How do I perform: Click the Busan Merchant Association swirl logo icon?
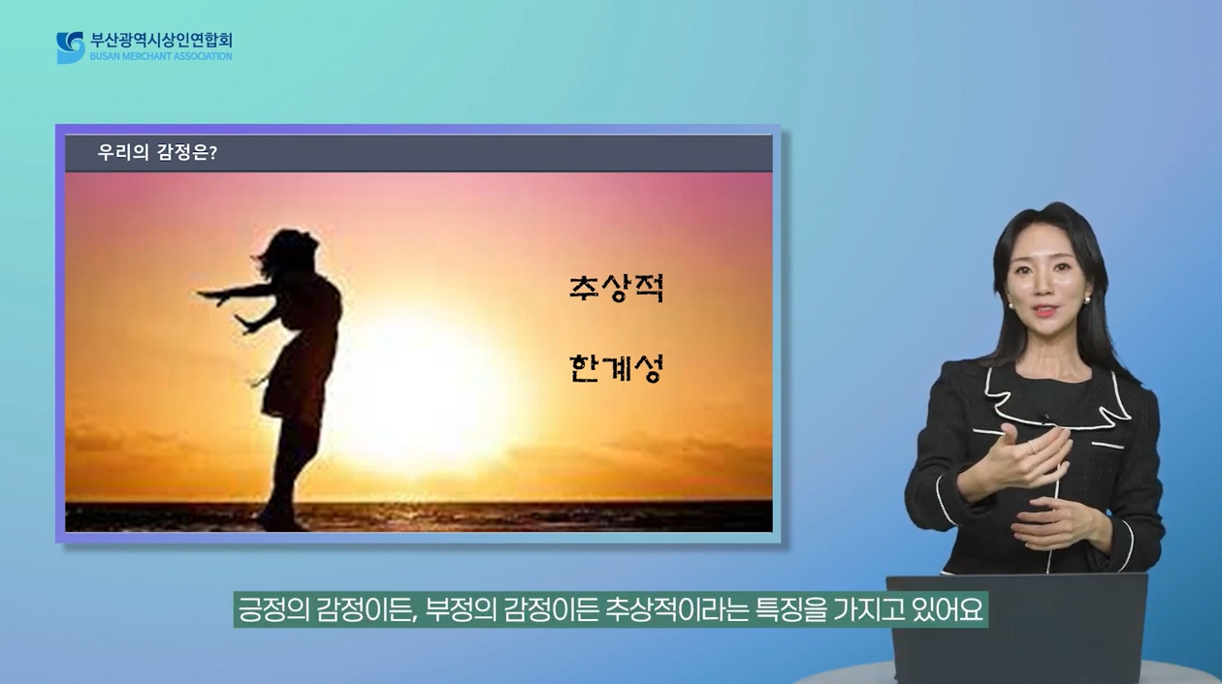(71, 47)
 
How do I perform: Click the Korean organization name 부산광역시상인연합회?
(161, 41)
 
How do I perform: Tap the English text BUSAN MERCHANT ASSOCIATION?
(161, 56)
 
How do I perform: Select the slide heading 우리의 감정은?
(157, 153)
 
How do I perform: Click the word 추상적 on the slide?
(617, 288)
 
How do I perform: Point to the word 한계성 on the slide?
(617, 368)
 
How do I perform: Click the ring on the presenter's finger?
(1033, 448)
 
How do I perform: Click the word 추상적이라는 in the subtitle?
(677, 609)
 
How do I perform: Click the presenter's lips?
(1045, 312)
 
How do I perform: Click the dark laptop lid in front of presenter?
(1017, 627)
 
